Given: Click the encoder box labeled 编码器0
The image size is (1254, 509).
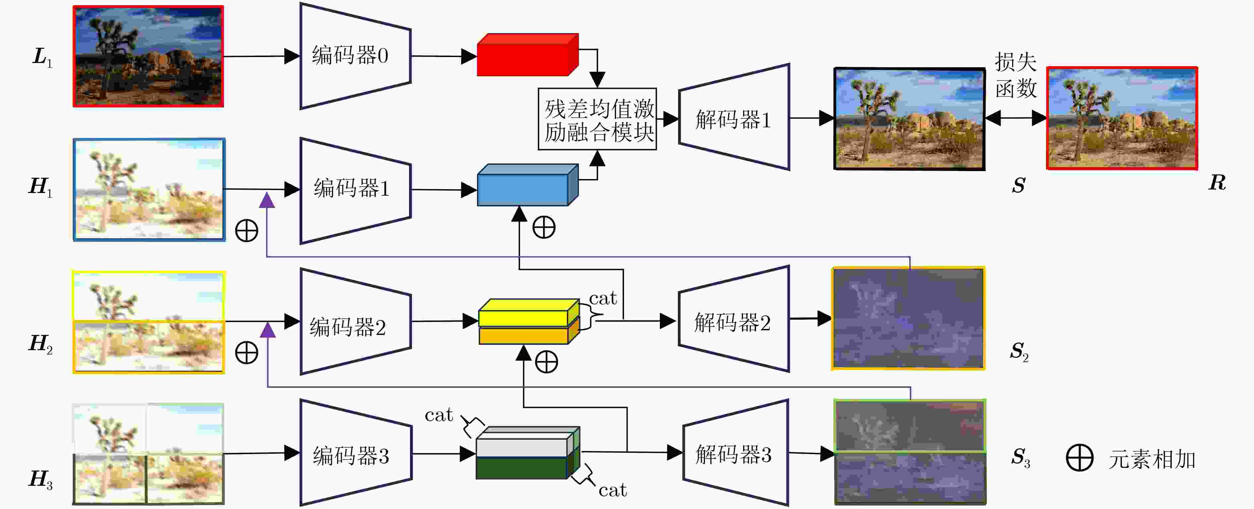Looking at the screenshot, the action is (355, 56).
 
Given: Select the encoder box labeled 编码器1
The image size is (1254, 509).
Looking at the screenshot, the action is (355, 190).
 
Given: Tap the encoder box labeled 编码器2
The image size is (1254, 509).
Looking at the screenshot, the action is (355, 321).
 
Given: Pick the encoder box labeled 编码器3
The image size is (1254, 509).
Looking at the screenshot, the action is (355, 453).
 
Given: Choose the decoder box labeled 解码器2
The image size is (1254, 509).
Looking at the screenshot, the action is (733, 319).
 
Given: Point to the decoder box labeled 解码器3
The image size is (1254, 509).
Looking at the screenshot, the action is (735, 453).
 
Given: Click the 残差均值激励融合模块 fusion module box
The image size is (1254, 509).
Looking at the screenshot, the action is (597, 119).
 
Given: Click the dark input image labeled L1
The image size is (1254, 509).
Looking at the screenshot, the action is (148, 56).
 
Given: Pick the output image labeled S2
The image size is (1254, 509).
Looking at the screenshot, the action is (908, 318).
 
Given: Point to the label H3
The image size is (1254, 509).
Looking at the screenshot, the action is (41, 480).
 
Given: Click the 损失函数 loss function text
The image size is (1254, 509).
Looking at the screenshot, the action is (1015, 75).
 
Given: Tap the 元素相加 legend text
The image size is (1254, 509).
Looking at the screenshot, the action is (1152, 459).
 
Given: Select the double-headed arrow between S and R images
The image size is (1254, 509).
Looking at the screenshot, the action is (1016, 118).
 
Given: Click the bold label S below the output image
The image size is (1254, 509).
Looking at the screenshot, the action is (1018, 185).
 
